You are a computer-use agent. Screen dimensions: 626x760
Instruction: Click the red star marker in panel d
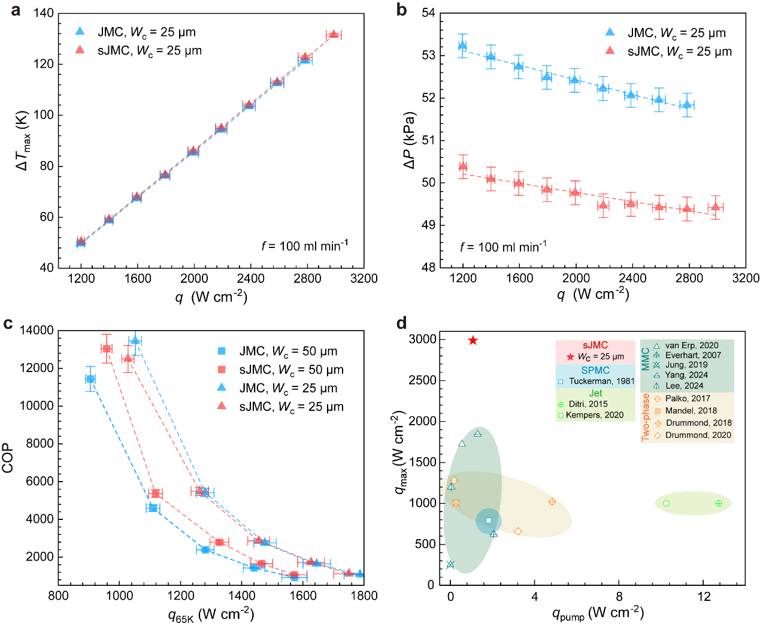point(473,340)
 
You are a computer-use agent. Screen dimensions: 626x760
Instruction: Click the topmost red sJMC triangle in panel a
point(334,34)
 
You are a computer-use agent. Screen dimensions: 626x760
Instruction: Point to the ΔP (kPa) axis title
point(410,140)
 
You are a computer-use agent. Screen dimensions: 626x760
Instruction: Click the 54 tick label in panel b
point(428,13)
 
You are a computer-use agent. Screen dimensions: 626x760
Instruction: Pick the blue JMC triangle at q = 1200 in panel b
point(462,46)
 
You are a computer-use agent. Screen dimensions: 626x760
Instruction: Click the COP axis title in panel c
point(8,458)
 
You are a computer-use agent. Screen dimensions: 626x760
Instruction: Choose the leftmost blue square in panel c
point(90,379)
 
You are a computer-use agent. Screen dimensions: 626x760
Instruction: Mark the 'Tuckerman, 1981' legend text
point(601,381)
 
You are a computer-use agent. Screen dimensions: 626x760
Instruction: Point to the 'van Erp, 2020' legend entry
point(692,346)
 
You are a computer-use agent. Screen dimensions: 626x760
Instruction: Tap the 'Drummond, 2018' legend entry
point(698,423)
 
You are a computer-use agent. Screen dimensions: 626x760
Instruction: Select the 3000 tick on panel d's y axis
point(422,340)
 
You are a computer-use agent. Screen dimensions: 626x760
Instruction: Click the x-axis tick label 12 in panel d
point(704,597)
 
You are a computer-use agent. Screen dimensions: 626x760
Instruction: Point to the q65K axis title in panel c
point(211,615)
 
